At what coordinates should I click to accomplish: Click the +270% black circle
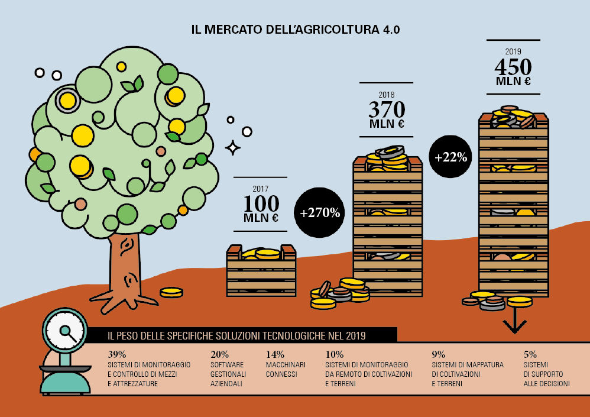click(x=320, y=213)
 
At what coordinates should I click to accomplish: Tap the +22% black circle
click(x=451, y=157)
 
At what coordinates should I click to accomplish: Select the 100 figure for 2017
click(x=261, y=203)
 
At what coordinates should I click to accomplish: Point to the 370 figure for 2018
click(x=387, y=109)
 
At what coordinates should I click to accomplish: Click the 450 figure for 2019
click(x=513, y=66)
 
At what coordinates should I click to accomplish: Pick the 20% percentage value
click(x=220, y=354)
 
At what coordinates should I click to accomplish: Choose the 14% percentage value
click(x=275, y=354)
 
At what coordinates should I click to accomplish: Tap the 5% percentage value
click(x=530, y=354)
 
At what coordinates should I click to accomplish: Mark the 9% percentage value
click(x=438, y=354)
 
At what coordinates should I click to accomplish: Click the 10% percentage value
click(x=335, y=354)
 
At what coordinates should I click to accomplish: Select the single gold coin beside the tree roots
click(x=172, y=292)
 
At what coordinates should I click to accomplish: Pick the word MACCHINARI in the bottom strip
click(x=286, y=365)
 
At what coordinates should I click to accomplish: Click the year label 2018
click(x=387, y=94)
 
